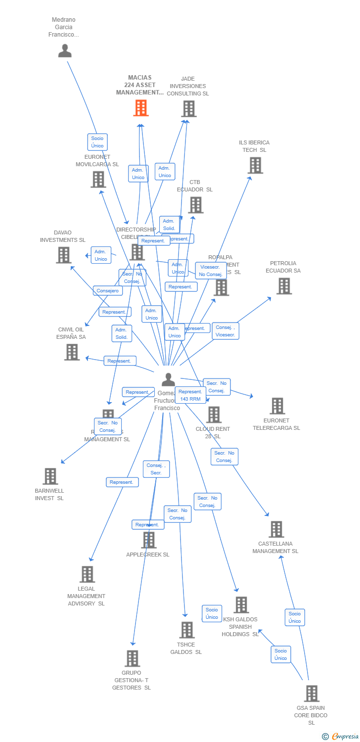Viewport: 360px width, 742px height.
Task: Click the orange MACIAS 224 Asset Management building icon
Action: point(141,108)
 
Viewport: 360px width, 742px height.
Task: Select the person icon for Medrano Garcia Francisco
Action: point(65,51)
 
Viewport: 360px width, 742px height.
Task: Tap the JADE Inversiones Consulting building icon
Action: point(188,109)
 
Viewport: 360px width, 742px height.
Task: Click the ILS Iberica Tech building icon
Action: point(255,166)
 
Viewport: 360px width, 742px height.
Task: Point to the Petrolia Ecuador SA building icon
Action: point(284,286)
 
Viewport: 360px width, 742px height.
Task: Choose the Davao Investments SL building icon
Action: point(63,255)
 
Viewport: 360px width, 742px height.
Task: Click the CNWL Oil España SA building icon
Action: point(72,352)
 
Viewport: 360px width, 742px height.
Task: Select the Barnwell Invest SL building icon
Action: point(50,476)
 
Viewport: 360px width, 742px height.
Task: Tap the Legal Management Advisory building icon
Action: point(87,574)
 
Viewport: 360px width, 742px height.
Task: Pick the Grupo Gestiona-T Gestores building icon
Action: point(132,658)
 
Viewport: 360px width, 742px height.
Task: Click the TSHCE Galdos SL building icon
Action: point(186,630)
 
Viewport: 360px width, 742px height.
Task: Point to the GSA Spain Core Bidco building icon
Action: point(311,694)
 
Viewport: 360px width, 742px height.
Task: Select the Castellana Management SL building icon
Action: point(276,529)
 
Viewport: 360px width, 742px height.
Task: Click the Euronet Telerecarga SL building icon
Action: point(277,406)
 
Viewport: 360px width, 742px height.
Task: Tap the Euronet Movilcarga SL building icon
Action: point(98,180)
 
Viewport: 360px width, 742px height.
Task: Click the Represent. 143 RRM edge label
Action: point(190,395)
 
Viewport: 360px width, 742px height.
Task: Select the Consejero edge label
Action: point(108,291)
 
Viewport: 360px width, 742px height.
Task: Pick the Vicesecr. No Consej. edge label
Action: point(211,271)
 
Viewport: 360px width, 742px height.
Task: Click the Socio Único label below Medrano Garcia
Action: point(97,142)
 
